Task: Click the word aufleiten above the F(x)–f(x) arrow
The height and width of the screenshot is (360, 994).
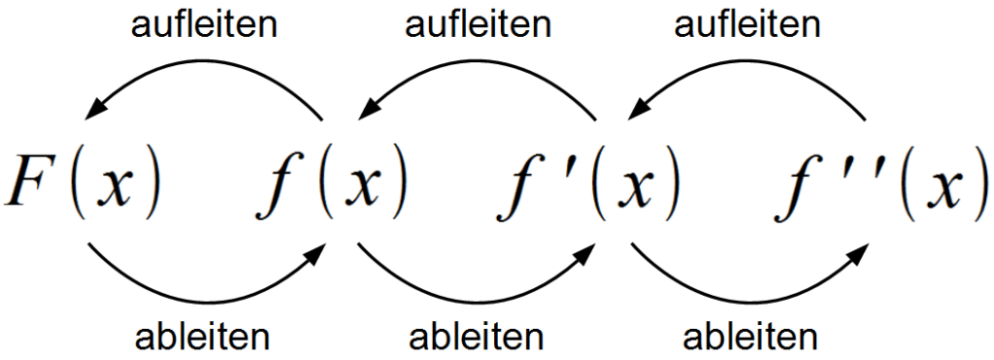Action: [204, 23]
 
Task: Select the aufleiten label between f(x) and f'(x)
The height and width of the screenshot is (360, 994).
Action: [477, 23]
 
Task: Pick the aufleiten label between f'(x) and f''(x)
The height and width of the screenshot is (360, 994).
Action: [747, 23]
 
